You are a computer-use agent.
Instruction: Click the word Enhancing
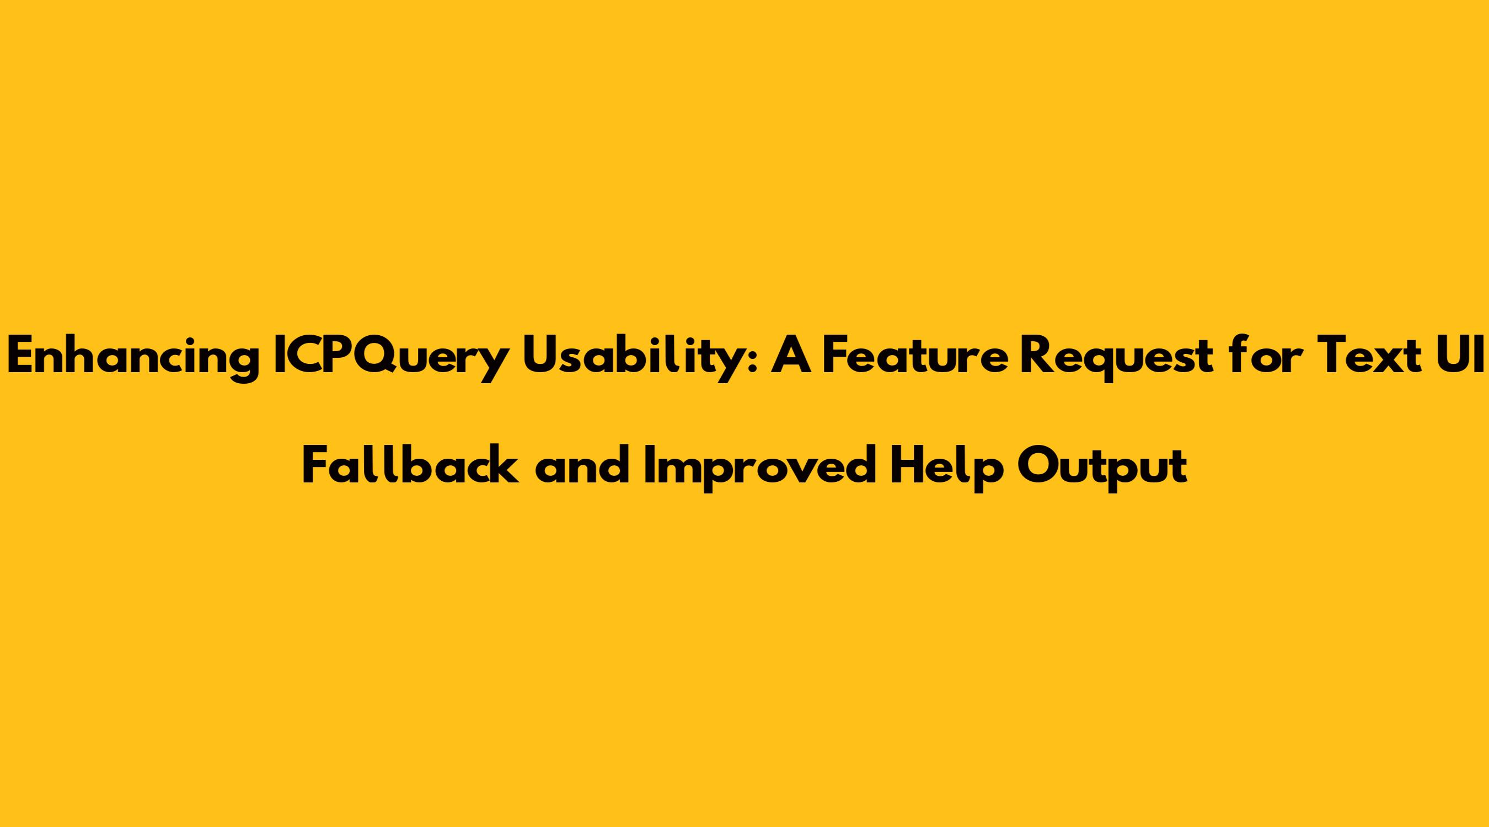pos(133,359)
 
